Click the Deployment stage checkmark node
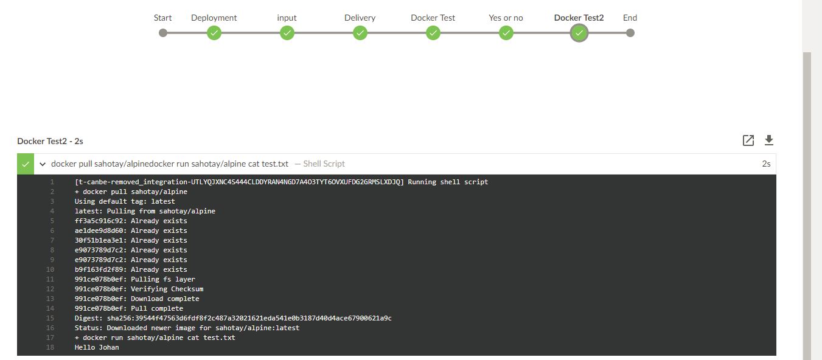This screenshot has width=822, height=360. click(x=214, y=33)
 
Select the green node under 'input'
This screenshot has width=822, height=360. click(x=287, y=33)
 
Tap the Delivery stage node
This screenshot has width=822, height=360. click(x=360, y=33)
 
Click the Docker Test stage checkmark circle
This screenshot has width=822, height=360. click(x=433, y=33)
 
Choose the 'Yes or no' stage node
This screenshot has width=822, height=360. click(x=506, y=33)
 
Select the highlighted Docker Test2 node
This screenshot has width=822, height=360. click(x=579, y=33)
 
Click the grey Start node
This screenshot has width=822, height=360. click(x=162, y=33)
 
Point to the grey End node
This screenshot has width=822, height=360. click(x=630, y=33)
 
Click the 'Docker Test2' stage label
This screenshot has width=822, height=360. click(x=579, y=18)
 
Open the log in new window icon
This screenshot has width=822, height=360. click(x=748, y=140)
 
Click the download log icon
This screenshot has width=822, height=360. click(x=769, y=140)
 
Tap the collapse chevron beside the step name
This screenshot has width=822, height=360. click(x=43, y=164)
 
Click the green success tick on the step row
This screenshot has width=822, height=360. click(x=26, y=164)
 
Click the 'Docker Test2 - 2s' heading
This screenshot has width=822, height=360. click(x=50, y=141)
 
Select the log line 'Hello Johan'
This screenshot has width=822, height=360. click(x=97, y=347)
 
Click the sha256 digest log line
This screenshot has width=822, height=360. click(x=233, y=318)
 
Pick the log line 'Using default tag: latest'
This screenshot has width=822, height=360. click(x=125, y=201)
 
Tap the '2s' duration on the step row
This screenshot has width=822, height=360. click(x=766, y=164)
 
